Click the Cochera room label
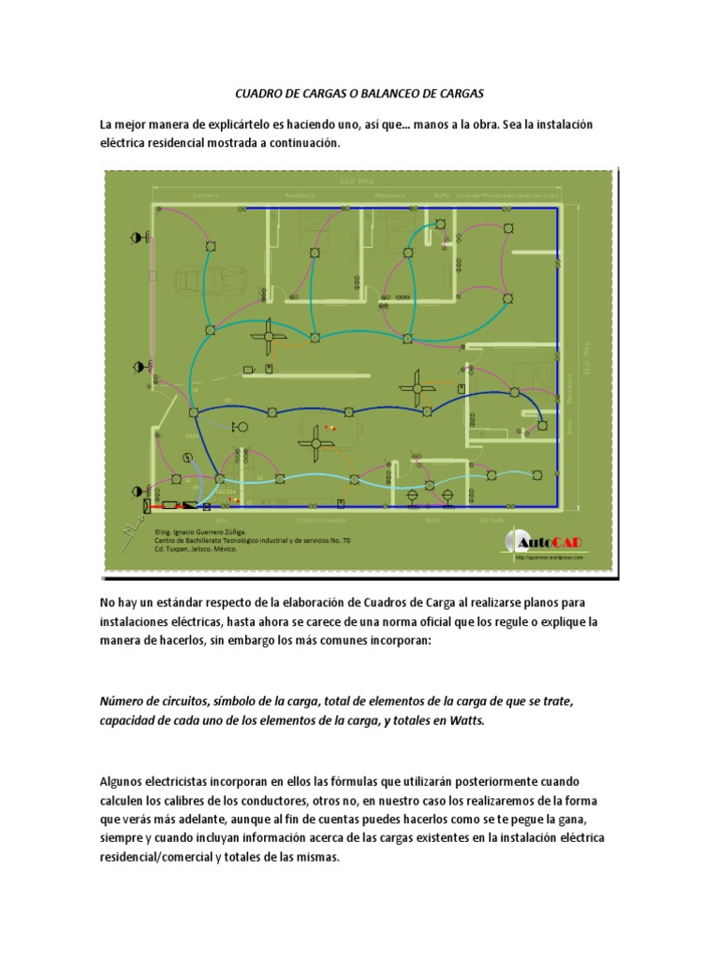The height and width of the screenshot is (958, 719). (x=205, y=196)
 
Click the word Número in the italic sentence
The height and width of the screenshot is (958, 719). (x=123, y=702)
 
